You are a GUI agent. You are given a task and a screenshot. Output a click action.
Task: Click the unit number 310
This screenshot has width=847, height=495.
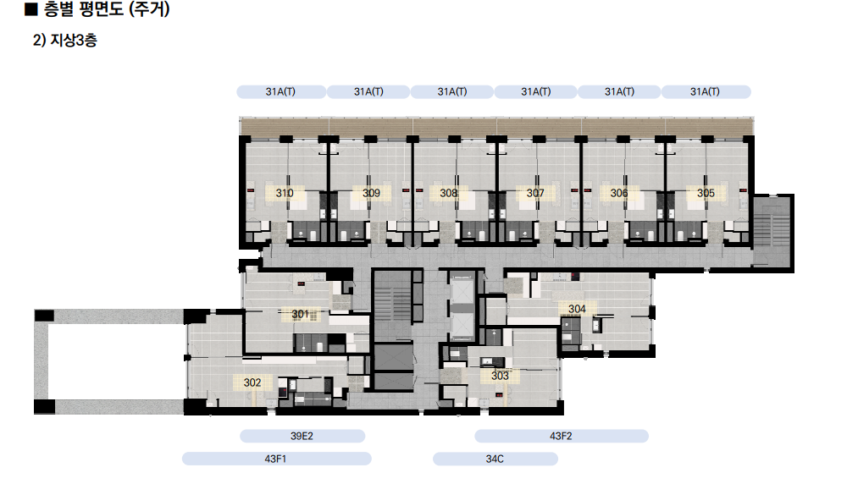(x=284, y=193)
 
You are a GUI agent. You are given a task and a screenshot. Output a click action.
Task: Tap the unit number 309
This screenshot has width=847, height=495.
(x=371, y=193)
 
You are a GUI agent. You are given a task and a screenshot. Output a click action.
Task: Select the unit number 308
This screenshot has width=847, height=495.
(x=448, y=193)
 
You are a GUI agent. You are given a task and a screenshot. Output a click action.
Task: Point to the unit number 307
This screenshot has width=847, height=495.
(x=535, y=193)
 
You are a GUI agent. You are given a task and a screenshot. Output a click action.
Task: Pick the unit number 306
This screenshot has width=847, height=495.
(x=619, y=193)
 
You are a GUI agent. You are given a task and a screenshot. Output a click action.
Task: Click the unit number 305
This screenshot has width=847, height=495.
(x=706, y=193)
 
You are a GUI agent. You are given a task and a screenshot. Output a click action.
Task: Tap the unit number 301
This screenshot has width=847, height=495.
(x=301, y=314)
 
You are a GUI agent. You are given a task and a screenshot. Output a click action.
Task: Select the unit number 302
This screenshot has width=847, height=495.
(x=252, y=382)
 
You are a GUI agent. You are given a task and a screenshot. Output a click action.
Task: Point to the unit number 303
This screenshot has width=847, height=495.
(x=500, y=376)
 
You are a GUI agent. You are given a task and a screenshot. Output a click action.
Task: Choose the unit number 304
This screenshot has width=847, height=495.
(x=577, y=310)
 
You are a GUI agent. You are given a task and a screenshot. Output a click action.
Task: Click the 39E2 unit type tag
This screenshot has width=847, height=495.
(x=302, y=436)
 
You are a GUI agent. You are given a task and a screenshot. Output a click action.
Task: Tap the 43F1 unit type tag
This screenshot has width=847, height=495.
(x=276, y=459)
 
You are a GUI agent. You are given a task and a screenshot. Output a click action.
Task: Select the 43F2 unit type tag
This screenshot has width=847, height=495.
(x=562, y=436)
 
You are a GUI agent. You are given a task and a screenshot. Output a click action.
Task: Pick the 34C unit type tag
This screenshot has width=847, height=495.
(x=495, y=459)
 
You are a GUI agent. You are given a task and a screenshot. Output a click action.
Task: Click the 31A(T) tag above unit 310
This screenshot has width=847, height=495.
(x=281, y=91)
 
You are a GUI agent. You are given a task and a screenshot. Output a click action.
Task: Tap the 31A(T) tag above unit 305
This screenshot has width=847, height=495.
(x=706, y=91)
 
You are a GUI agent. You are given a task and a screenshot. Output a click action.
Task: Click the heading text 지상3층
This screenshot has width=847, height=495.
(x=74, y=41)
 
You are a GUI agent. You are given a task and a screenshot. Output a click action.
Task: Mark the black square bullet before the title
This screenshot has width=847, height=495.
(x=31, y=9)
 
